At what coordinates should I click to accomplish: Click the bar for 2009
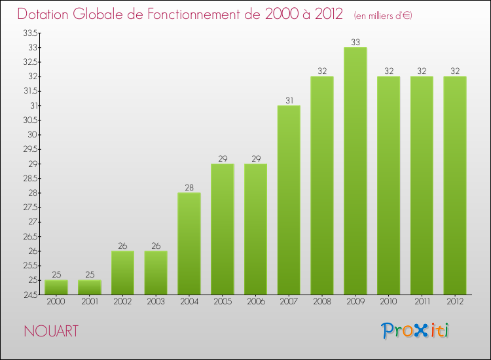(355, 171)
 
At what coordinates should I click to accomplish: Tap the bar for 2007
(289, 200)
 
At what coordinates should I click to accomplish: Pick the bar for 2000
(56, 287)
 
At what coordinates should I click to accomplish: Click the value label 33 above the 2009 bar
(355, 42)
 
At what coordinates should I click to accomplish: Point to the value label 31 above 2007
(289, 100)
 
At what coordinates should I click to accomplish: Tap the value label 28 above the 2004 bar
(189, 187)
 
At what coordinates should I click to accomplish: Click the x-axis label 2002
(122, 302)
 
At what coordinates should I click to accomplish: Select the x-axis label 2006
(255, 302)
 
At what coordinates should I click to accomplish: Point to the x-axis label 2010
(388, 302)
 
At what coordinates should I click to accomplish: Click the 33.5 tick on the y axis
(29, 33)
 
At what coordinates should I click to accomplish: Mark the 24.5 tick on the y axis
(29, 295)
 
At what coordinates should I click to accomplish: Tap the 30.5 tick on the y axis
(29, 120)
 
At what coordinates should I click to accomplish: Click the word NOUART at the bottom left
(50, 331)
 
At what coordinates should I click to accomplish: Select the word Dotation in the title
(47, 14)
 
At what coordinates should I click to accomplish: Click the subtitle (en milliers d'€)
(382, 16)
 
